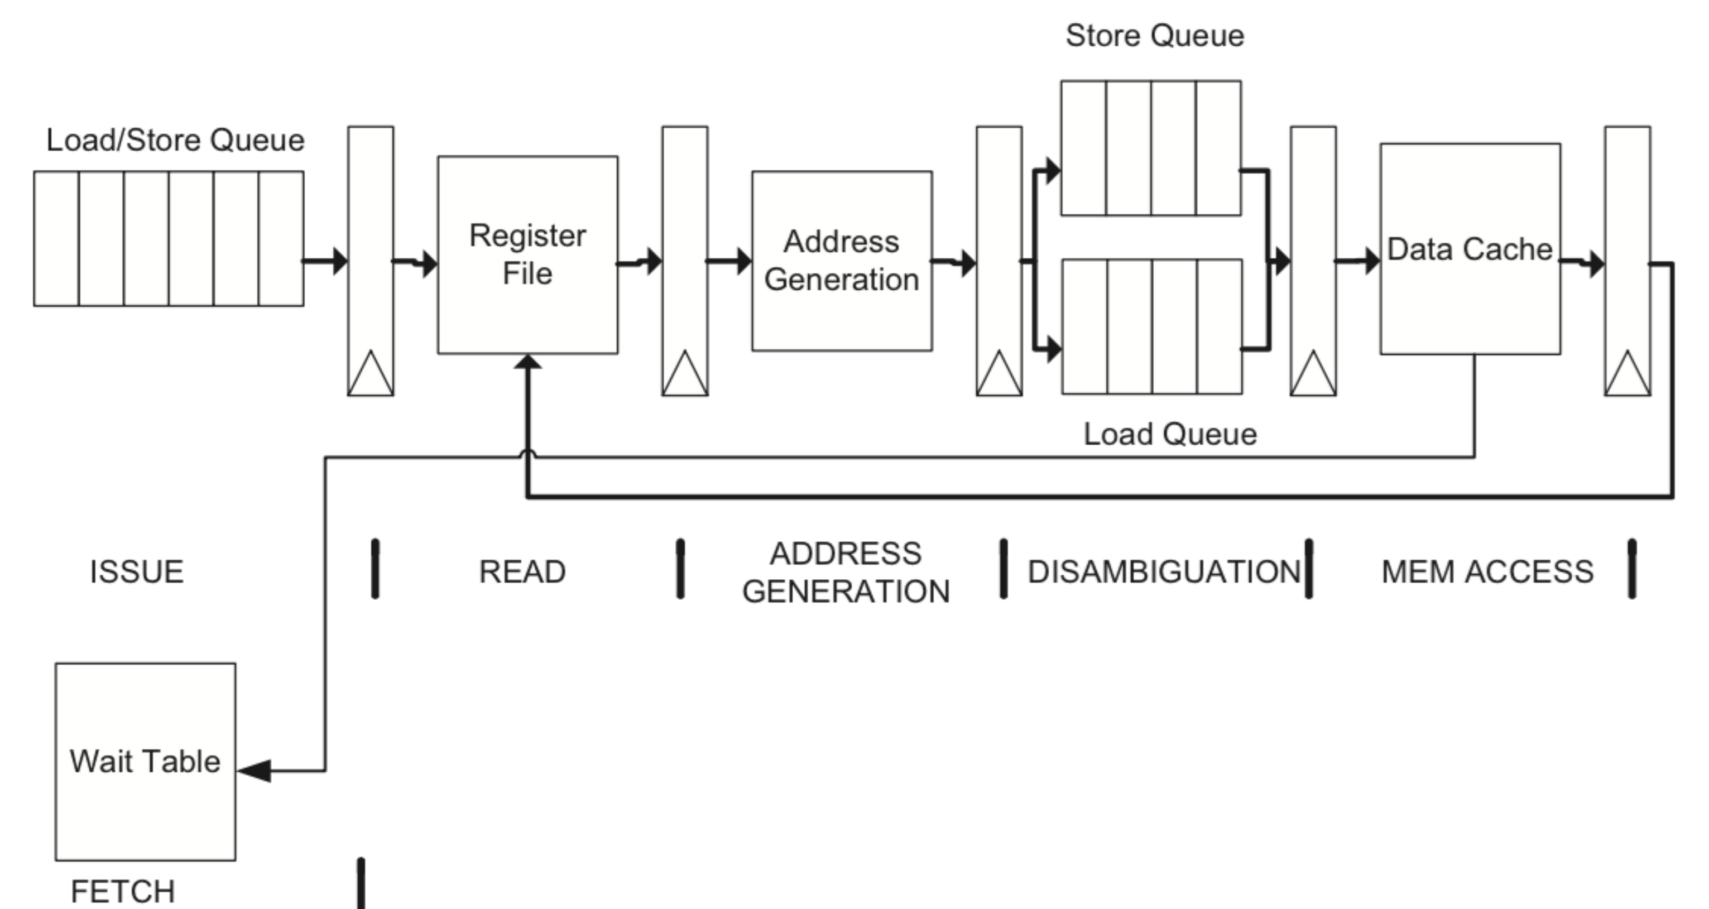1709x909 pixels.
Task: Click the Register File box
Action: (527, 255)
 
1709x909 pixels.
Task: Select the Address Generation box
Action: (841, 261)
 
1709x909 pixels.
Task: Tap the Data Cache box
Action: (1470, 249)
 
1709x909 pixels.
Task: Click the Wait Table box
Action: (145, 761)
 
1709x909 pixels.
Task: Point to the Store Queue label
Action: (1154, 36)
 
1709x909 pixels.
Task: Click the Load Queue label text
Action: (1170, 435)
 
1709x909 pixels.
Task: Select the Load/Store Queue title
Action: (175, 140)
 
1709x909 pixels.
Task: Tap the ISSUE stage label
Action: (137, 572)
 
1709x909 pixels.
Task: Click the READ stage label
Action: (522, 572)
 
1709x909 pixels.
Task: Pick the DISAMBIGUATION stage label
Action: (1164, 572)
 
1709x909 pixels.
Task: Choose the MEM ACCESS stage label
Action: (1487, 572)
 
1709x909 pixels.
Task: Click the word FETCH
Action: (123, 891)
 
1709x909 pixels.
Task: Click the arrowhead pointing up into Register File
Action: (527, 362)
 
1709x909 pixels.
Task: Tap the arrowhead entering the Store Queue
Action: (1053, 171)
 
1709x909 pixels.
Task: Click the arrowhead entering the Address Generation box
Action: (743, 261)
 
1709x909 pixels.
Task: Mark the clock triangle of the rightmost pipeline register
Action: (1628, 376)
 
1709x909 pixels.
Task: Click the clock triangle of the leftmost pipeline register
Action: (370, 376)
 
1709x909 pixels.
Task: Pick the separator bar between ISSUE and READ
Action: (376, 569)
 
